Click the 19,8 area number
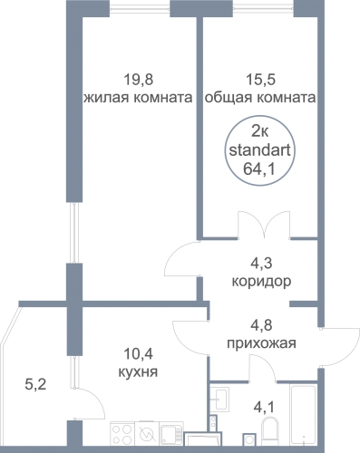(139, 81)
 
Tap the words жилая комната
(138, 98)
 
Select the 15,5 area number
(260, 81)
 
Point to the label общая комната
(260, 98)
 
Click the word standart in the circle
(260, 150)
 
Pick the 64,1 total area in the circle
(259, 169)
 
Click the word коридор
(261, 282)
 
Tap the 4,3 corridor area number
(261, 264)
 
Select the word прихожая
(261, 343)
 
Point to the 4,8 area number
(261, 325)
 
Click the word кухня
(138, 371)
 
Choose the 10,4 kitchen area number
(139, 353)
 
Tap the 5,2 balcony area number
(34, 385)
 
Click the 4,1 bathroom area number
(264, 408)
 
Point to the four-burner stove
(123, 434)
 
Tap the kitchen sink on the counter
(172, 434)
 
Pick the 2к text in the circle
(259, 131)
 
